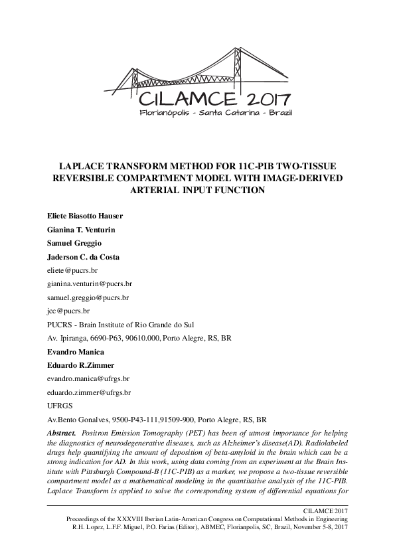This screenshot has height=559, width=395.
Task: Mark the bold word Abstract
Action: pyautogui.click(x=62, y=433)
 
